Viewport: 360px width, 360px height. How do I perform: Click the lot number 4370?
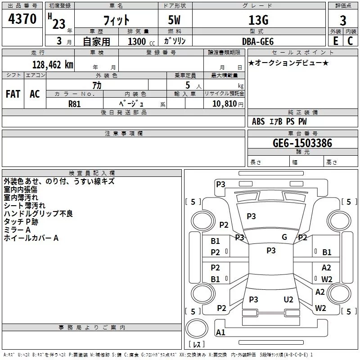(22, 19)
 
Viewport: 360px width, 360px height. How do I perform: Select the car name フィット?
(117, 20)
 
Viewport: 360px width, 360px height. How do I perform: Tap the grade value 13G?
(258, 20)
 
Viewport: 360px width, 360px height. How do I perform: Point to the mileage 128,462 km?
(53, 65)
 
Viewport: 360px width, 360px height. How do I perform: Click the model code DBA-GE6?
(258, 41)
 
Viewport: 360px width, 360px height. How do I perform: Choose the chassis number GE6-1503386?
(302, 144)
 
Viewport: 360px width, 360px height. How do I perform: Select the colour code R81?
(74, 103)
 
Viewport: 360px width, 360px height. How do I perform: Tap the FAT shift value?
(13, 94)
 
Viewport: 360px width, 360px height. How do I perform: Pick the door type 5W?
(175, 20)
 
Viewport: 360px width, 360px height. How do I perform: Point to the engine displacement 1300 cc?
(139, 41)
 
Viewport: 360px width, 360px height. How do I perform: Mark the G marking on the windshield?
(284, 237)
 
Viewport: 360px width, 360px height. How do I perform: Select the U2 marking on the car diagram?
(288, 299)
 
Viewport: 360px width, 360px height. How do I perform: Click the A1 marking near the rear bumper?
(220, 333)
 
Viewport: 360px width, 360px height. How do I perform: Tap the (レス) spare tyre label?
(197, 344)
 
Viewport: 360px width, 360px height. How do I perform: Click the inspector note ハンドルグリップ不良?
(38, 214)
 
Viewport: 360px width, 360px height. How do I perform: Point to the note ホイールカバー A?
(31, 238)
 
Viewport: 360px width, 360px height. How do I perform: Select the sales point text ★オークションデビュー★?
(288, 63)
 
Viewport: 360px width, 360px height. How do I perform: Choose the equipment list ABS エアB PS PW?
(279, 121)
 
